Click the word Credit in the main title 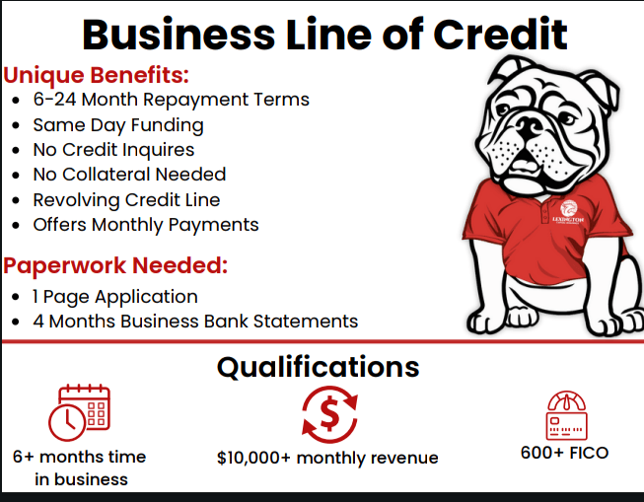[500, 35]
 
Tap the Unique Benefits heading [96, 75]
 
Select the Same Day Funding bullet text [118, 125]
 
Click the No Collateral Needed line [129, 175]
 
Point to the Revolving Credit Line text [126, 200]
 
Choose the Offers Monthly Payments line [146, 225]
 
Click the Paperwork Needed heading [115, 265]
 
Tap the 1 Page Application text [115, 297]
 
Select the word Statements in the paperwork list [306, 322]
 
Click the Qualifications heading [319, 367]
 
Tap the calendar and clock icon [79, 412]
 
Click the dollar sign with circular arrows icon [329, 414]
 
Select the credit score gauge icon [567, 415]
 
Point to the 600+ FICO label [564, 453]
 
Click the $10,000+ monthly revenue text [327, 458]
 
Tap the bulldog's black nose [529, 125]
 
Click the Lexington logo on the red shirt [568, 212]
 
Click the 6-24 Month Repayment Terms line [172, 100]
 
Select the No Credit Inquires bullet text [113, 150]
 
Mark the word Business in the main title [179, 35]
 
